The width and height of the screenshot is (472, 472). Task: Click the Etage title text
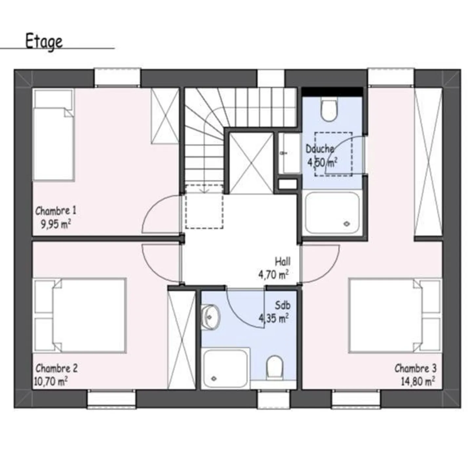click(x=44, y=42)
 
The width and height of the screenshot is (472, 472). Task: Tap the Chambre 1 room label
click(x=55, y=211)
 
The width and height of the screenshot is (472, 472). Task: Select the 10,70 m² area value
click(x=51, y=381)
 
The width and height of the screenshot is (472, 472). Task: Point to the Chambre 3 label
click(x=415, y=368)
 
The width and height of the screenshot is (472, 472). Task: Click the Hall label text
click(x=283, y=262)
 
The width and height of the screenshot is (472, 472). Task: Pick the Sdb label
click(x=282, y=305)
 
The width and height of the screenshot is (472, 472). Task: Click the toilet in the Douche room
click(x=329, y=110)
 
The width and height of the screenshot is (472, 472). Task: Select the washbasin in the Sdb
click(x=210, y=317)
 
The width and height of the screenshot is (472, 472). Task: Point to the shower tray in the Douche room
click(x=332, y=213)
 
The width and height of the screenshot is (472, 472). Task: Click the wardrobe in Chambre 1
click(x=165, y=116)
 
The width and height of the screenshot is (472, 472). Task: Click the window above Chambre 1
click(x=118, y=77)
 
